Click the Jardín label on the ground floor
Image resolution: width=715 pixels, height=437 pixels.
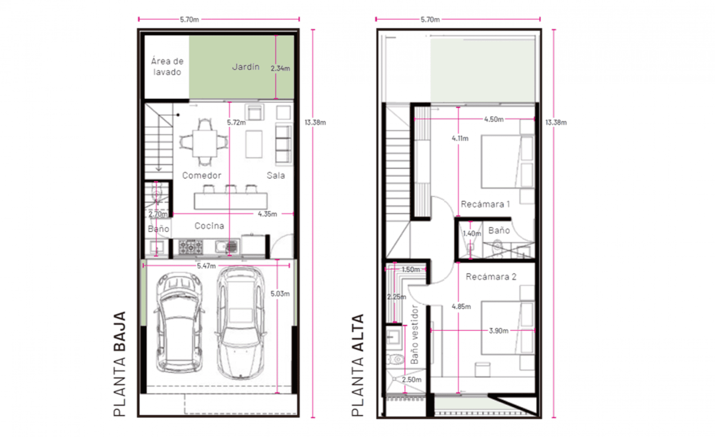(x=246, y=67)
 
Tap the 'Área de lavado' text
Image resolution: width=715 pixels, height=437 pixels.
(x=167, y=67)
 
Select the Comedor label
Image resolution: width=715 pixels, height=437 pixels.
(x=202, y=175)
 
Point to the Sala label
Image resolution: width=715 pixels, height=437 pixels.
(x=276, y=175)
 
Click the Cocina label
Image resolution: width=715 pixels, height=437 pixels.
(x=209, y=226)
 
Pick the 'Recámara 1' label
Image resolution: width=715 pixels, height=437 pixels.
(x=485, y=204)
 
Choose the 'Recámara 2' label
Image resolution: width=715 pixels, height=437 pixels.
(x=491, y=277)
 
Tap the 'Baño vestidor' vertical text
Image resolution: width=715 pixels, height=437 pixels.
(x=414, y=334)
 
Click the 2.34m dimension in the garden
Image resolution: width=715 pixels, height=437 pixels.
(x=280, y=68)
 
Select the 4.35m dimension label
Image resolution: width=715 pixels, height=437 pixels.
(x=268, y=214)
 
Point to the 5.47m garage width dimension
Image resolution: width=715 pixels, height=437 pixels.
(x=206, y=266)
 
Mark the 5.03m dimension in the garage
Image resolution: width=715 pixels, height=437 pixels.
(x=280, y=294)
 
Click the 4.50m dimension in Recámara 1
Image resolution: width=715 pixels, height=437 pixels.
(x=494, y=119)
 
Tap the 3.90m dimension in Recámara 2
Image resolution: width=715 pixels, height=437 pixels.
(x=499, y=331)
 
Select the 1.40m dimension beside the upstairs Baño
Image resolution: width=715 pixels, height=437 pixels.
(x=472, y=234)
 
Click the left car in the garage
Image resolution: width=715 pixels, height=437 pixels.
(x=179, y=323)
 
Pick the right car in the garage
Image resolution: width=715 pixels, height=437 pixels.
(x=240, y=323)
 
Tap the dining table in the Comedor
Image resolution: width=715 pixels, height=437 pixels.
(x=205, y=143)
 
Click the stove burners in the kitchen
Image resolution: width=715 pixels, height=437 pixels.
(x=191, y=247)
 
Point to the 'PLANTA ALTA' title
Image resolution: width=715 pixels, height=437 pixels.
(x=358, y=365)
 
